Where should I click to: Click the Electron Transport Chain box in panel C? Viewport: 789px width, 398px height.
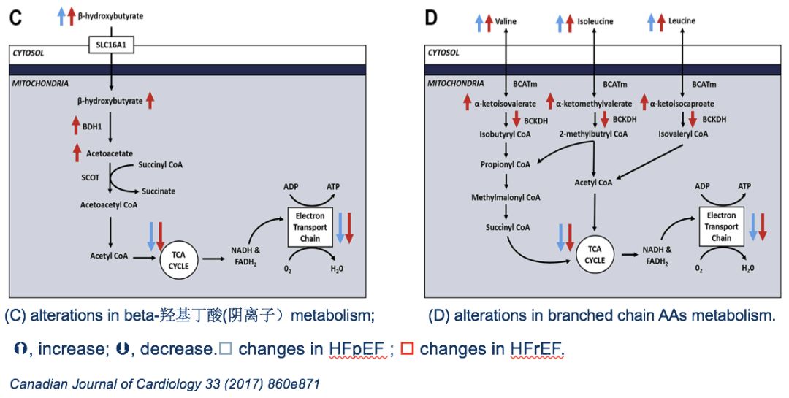pyautogui.click(x=310, y=228)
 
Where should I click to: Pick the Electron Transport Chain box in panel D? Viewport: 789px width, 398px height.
pyautogui.click(x=721, y=226)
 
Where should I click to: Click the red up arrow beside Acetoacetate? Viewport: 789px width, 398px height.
pyautogui.click(x=76, y=152)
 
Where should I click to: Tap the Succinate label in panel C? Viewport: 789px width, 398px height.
pyautogui.click(x=159, y=191)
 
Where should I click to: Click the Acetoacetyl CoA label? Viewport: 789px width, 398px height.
pyautogui.click(x=109, y=205)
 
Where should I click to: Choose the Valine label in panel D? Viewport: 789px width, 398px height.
pyautogui.click(x=506, y=21)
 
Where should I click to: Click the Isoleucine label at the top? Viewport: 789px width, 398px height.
pyautogui.click(x=595, y=21)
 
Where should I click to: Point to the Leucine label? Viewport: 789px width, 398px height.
pyautogui.click(x=682, y=21)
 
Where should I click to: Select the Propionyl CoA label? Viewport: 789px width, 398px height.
pyautogui.click(x=505, y=164)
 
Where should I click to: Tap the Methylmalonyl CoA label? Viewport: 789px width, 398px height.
pyautogui.click(x=505, y=197)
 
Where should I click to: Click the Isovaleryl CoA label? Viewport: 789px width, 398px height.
pyautogui.click(x=683, y=134)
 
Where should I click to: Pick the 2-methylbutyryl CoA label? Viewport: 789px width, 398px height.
pyautogui.click(x=592, y=134)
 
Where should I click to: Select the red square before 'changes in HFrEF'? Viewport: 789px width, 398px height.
pyautogui.click(x=407, y=349)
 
